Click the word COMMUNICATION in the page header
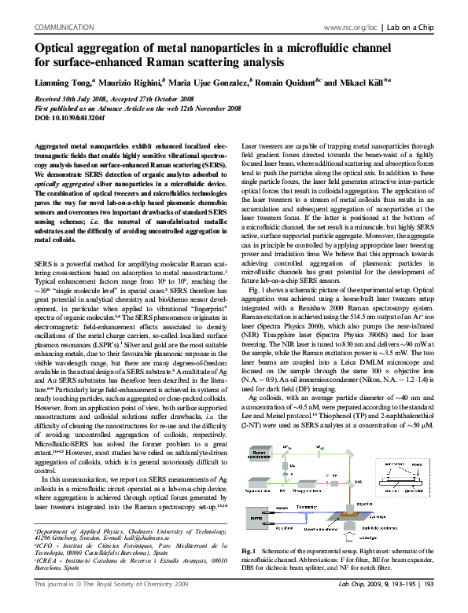click(x=62, y=27)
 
